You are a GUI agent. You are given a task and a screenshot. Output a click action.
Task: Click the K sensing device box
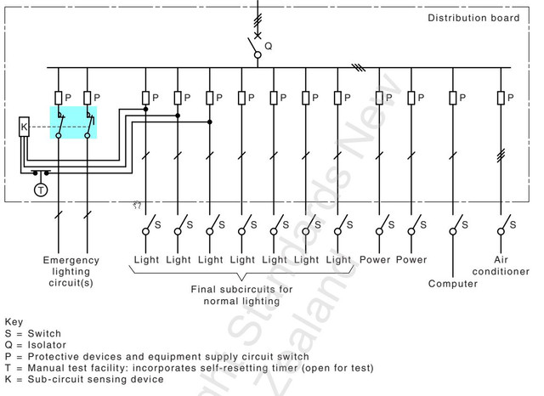tap(24, 127)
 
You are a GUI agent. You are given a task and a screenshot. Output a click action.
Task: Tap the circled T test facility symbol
tap(40, 190)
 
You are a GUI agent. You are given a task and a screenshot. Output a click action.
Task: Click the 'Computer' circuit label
tap(453, 283)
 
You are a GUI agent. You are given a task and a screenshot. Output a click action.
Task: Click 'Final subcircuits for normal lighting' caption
tap(241, 295)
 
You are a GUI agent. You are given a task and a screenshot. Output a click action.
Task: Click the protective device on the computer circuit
tap(453, 98)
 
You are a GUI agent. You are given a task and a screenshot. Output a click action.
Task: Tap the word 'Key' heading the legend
tap(14, 323)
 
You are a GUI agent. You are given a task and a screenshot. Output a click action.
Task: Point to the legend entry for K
tap(84, 379)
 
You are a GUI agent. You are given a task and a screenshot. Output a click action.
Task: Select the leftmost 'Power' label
tap(375, 259)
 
